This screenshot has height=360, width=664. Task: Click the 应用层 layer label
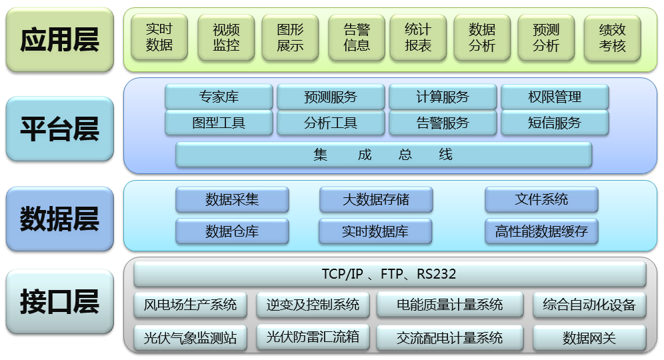[x=59, y=40]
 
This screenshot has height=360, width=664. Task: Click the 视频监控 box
[x=226, y=38]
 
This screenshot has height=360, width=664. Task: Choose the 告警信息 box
[x=357, y=38]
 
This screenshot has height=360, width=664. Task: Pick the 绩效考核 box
[x=612, y=38]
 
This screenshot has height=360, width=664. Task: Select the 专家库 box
[x=219, y=97]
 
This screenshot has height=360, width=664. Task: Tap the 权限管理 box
[x=555, y=97]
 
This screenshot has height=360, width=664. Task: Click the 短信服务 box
[x=555, y=123]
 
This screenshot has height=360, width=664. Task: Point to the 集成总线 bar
[x=383, y=155]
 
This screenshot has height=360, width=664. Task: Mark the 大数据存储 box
[x=376, y=199]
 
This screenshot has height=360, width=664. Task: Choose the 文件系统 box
[x=541, y=199]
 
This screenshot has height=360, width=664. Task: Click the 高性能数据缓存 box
[x=541, y=231]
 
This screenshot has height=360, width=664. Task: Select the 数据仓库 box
[x=232, y=231]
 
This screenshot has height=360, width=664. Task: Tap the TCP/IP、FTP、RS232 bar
[x=390, y=274]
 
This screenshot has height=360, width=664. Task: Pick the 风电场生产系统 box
[x=190, y=305]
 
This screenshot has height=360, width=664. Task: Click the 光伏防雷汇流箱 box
[x=313, y=337]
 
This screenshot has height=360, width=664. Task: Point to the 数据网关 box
[x=589, y=338]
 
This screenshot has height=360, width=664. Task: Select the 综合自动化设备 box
[x=589, y=305]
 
